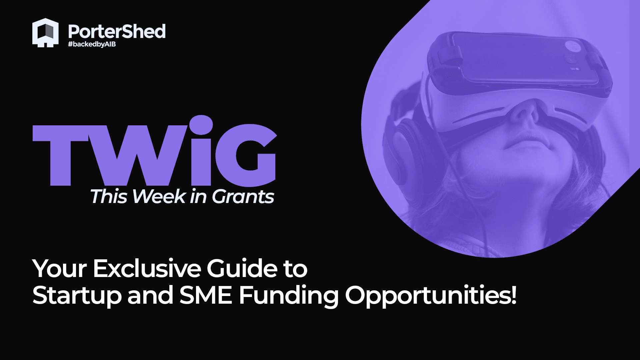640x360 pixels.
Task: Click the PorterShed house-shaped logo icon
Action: click(45, 33)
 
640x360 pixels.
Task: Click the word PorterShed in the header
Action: click(117, 32)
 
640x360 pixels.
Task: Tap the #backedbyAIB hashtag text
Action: click(92, 44)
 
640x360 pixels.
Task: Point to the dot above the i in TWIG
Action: click(201, 125)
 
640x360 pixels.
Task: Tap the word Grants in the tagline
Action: click(243, 197)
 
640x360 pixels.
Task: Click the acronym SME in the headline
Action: click(206, 295)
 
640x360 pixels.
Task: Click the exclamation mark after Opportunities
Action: click(514, 295)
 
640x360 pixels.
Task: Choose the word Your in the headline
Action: click(60, 268)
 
